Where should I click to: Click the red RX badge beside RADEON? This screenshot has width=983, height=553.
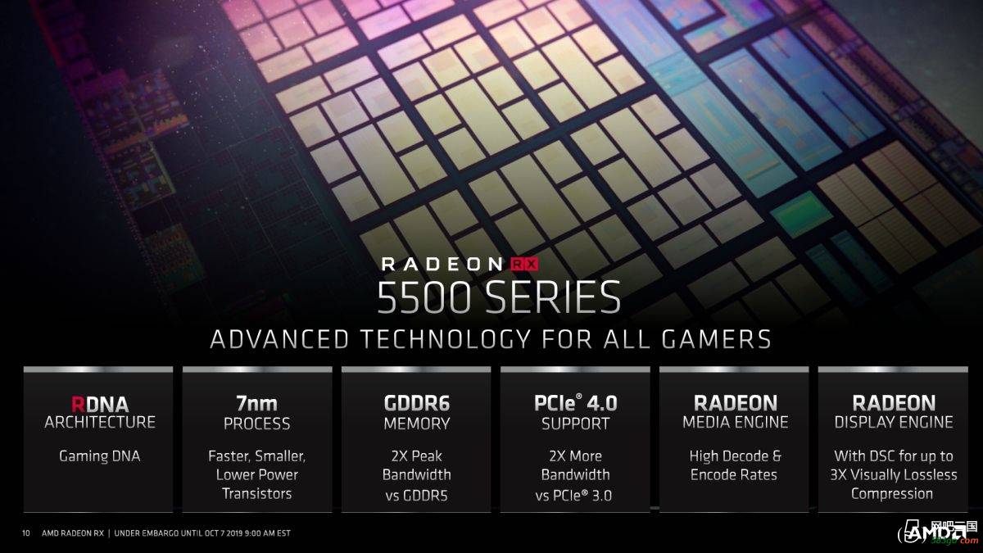(524, 264)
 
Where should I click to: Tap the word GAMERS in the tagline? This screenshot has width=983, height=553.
(716, 339)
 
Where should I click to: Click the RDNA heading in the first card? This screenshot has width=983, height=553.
(100, 404)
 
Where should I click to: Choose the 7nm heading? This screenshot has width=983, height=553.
(256, 403)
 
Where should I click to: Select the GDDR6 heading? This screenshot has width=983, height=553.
(416, 403)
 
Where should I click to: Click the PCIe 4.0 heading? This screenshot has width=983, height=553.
(575, 403)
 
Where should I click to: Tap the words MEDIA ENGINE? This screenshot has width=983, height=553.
(735, 422)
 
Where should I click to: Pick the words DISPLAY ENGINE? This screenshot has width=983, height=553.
(894, 422)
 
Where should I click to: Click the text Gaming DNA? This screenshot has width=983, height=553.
(100, 456)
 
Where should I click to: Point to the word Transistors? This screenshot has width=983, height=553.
(256, 494)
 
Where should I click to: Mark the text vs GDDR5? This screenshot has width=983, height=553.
(416, 496)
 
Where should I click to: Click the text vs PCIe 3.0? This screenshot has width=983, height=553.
(573, 496)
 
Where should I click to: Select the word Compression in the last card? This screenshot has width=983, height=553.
(892, 494)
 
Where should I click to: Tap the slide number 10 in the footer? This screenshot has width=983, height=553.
(26, 533)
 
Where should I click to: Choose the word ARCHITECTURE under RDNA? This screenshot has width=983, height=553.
(100, 422)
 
